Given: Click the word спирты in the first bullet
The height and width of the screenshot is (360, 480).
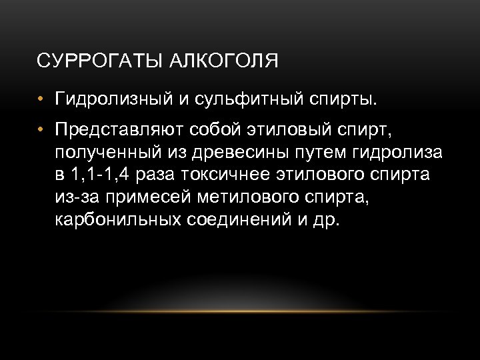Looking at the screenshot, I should coord(344,100).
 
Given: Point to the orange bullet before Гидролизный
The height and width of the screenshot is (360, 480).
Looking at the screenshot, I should coord(41,101).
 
